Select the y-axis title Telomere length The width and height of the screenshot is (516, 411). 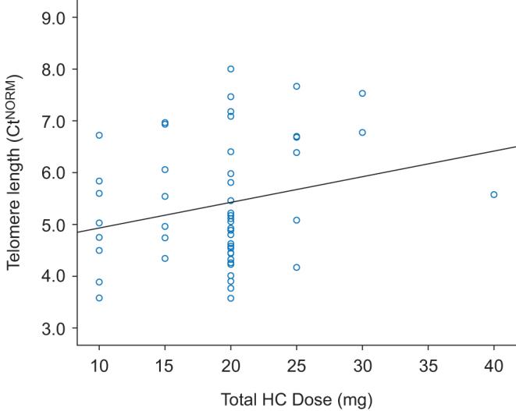16,172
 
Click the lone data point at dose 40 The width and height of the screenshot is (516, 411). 493,194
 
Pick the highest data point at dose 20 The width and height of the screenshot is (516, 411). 230,69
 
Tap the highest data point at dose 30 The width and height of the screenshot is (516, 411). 362,94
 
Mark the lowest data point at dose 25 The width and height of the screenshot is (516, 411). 296,268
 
